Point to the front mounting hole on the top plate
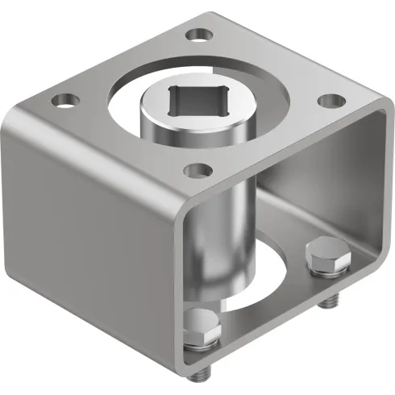coord(196,170)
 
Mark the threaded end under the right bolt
coord(329,303)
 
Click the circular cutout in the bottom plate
coord(274,274)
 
